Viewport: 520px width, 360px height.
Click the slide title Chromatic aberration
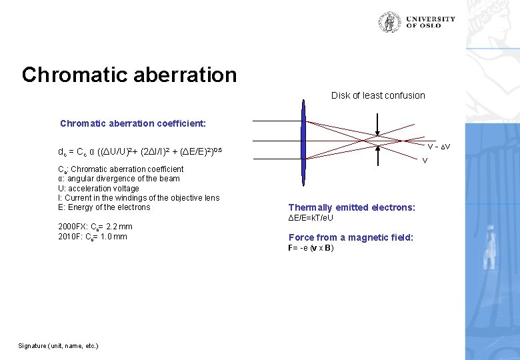point(129,75)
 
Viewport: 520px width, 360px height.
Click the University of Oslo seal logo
point(390,22)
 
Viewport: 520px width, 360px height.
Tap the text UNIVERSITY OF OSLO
point(430,22)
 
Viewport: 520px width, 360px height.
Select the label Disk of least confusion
point(378,95)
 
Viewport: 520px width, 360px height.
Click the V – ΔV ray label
point(438,147)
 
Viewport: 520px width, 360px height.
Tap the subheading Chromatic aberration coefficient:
point(133,123)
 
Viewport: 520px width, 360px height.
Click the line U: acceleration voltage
point(99,188)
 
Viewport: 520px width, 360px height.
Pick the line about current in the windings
point(139,197)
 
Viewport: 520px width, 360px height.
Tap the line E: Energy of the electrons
point(104,207)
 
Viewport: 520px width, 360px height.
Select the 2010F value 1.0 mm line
point(93,237)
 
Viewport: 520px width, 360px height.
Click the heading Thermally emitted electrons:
point(351,207)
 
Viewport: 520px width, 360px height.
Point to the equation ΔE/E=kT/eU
point(311,218)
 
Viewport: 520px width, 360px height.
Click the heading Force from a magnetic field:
point(351,237)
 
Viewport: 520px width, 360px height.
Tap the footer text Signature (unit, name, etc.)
point(58,345)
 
